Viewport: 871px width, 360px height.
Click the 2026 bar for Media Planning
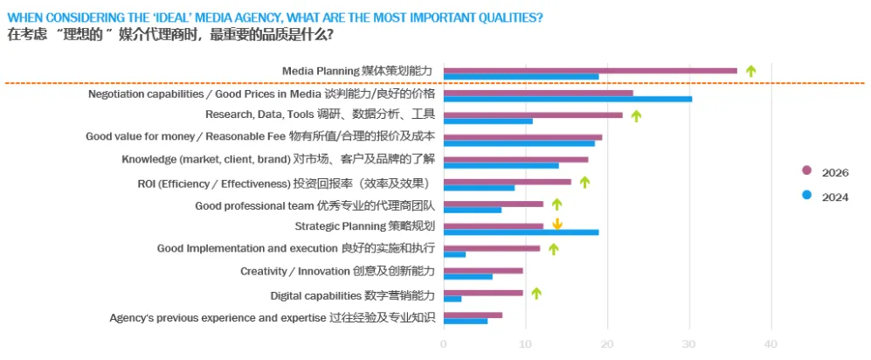590,71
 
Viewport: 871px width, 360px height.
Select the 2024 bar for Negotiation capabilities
568,99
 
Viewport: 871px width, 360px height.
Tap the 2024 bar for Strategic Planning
521,232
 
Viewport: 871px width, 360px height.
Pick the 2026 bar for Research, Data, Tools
533,114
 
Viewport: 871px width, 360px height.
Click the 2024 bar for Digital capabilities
453,299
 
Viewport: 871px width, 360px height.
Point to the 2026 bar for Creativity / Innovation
483,271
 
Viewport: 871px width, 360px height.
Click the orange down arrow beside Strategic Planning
556,225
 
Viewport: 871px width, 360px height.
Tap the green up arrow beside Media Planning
750,71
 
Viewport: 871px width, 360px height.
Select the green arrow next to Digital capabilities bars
536,294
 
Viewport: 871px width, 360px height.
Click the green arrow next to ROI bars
584,182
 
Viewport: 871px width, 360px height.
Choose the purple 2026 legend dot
806,171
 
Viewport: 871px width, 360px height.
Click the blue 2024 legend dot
806,196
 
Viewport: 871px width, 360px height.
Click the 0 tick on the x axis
444,344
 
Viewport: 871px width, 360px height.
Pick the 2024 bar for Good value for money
519,143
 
